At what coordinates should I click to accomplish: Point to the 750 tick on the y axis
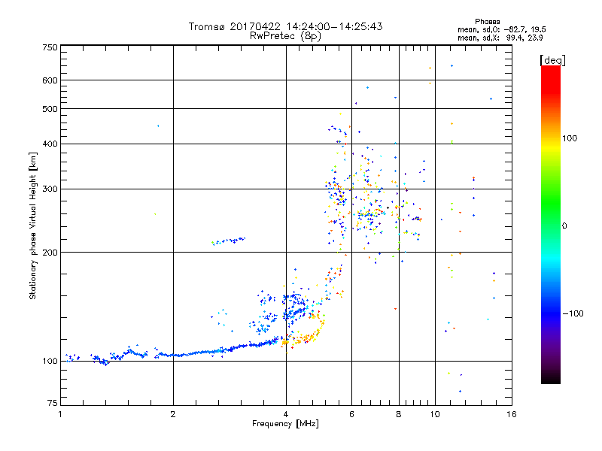[50, 47]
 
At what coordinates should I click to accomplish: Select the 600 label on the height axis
[50, 80]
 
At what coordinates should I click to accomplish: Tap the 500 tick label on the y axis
[50, 109]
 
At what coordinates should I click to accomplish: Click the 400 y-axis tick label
[50, 144]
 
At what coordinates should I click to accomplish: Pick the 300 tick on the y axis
[50, 189]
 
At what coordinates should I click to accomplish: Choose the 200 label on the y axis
[50, 253]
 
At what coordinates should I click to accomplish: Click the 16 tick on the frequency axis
[512, 414]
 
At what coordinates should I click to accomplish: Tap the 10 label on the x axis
[435, 414]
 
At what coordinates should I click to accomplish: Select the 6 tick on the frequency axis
[352, 414]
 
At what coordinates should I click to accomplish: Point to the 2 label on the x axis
[174, 414]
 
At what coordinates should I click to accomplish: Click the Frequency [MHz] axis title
[286, 425]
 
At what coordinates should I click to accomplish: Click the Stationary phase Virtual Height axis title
[33, 225]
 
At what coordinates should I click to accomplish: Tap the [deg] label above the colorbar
[553, 59]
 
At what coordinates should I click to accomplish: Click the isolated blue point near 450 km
[158, 126]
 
